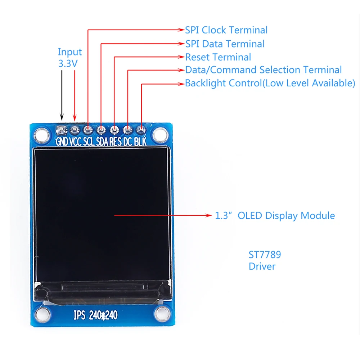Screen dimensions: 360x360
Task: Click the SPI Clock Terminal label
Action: [x=226, y=30]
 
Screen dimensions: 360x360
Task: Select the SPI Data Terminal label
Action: [x=225, y=44]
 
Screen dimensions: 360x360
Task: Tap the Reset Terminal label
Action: [x=218, y=57]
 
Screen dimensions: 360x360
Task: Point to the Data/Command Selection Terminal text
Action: [x=263, y=70]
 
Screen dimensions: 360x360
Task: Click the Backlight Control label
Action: [x=270, y=83]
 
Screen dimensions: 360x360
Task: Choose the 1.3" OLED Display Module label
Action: [x=275, y=216]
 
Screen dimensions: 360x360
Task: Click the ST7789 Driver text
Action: [x=265, y=260]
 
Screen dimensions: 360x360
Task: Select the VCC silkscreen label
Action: [x=75, y=141]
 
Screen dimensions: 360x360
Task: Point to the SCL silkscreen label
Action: [x=89, y=141]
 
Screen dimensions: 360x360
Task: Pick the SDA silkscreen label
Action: [x=103, y=141]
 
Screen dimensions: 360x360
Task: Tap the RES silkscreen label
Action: [x=116, y=141]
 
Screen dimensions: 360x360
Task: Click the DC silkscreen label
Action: [x=127, y=141]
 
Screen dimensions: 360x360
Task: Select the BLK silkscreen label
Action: [x=140, y=141]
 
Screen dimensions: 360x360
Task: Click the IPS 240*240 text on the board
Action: [x=95, y=315]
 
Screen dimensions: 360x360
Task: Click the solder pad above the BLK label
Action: [x=141, y=129]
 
